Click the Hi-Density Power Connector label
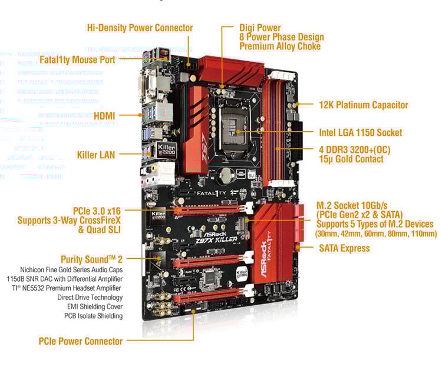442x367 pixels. coord(140,28)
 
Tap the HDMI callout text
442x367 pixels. coord(104,116)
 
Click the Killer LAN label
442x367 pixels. coord(96,155)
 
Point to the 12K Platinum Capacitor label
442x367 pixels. coord(363,105)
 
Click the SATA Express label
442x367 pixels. coord(344,248)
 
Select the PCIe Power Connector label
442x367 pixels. coord(80,341)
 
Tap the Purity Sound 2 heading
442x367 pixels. coord(92,259)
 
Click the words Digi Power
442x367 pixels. coord(260,28)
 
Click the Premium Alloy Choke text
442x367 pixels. coord(280,46)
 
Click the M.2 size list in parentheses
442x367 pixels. coord(376,234)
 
